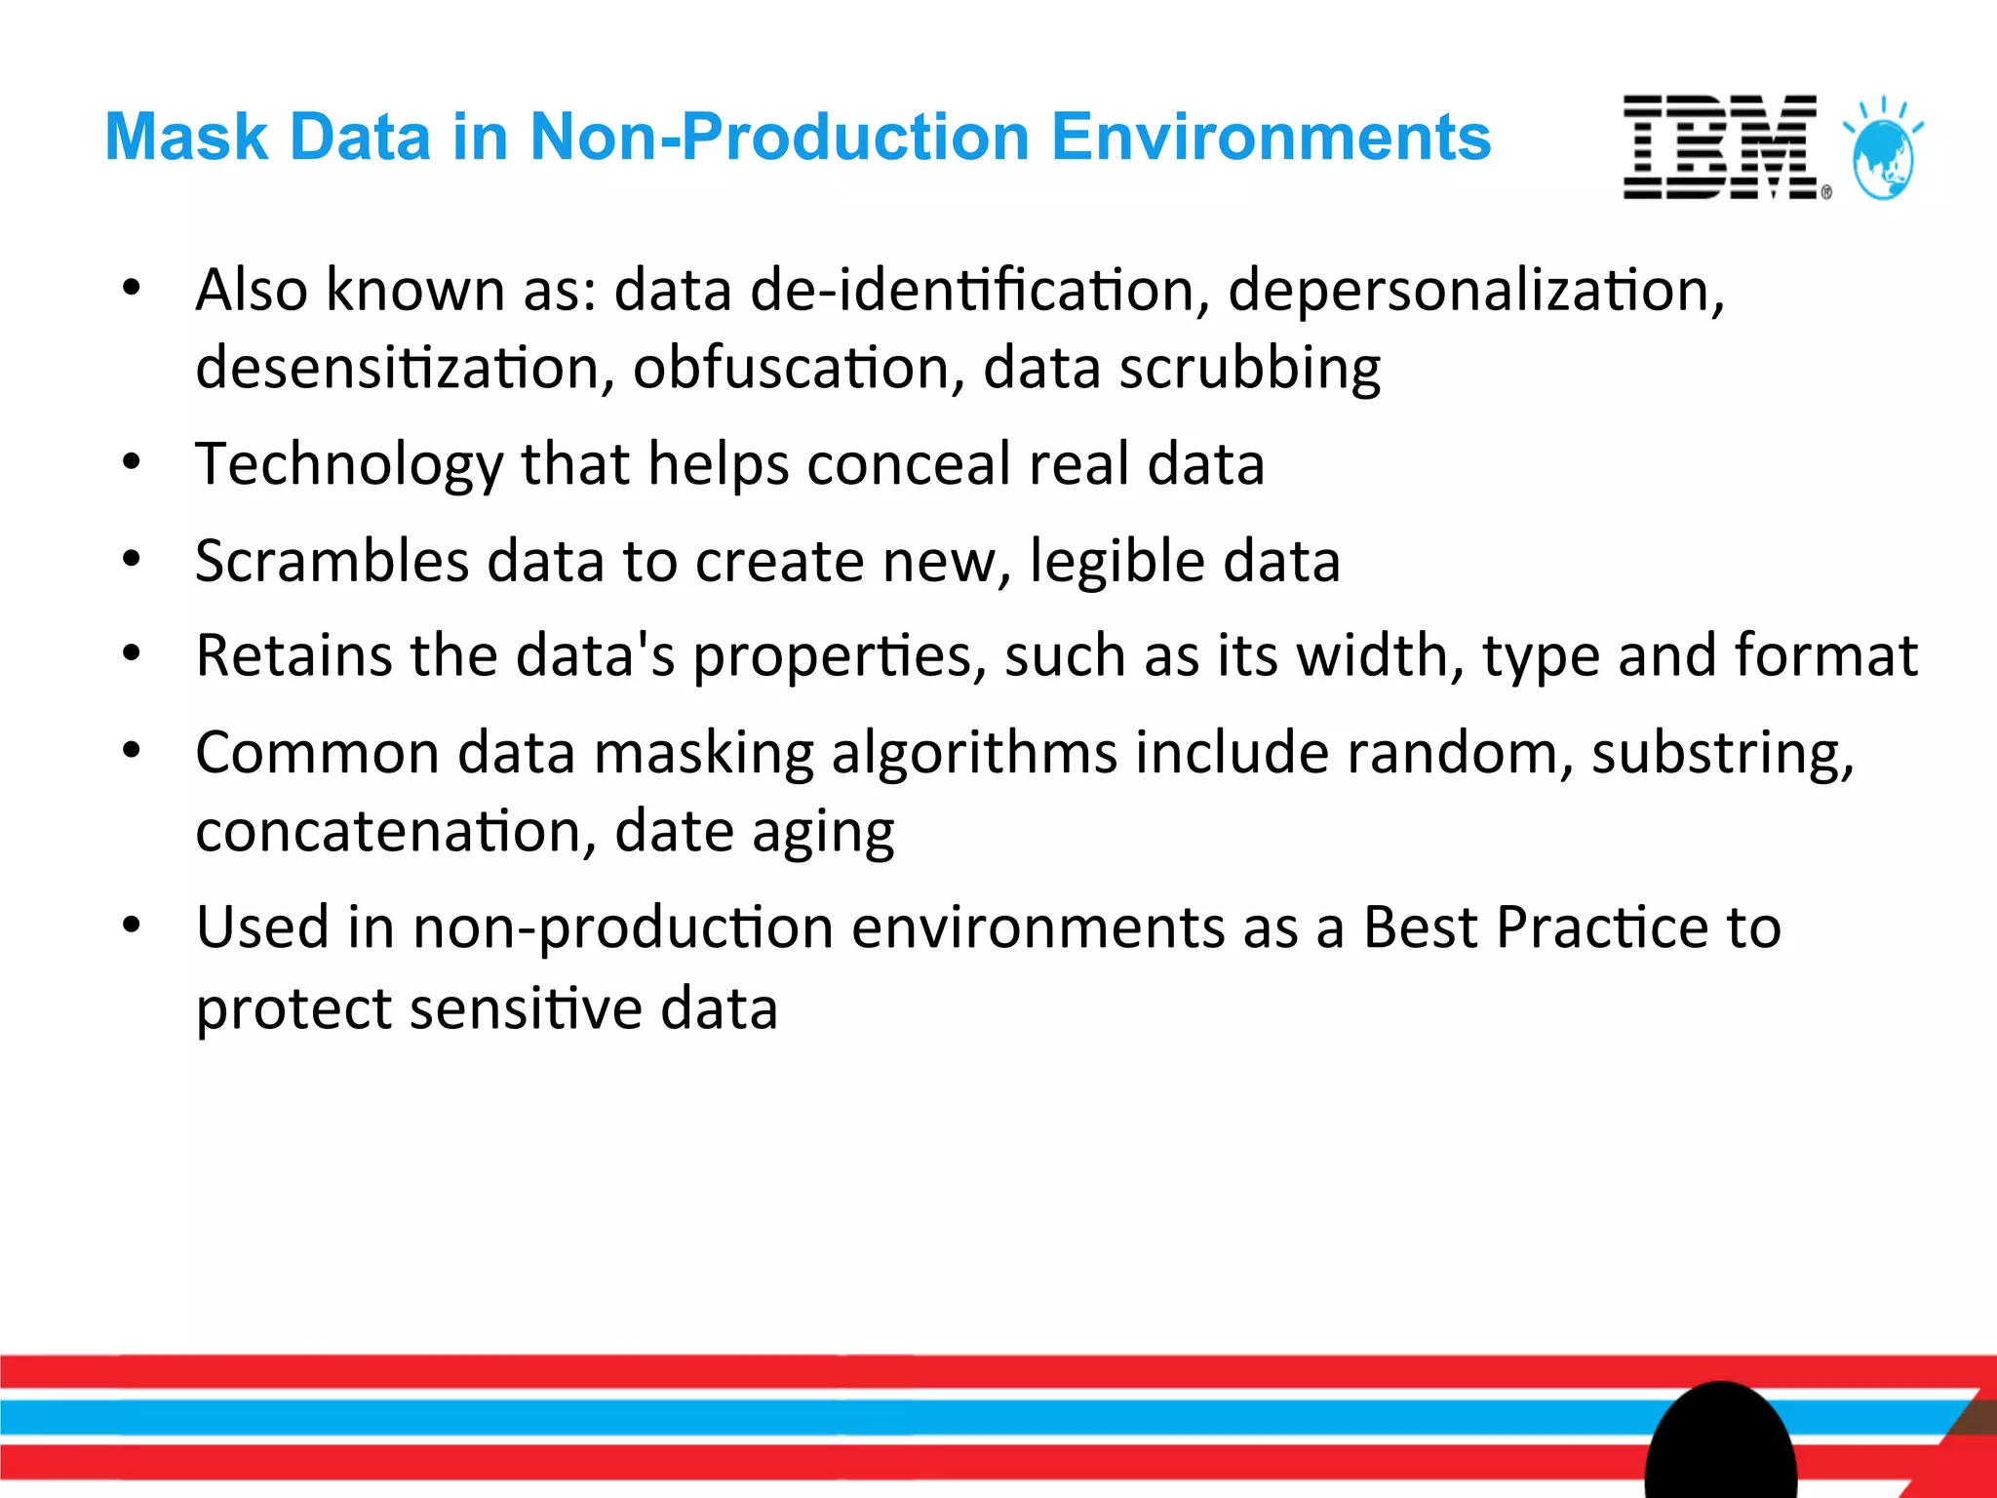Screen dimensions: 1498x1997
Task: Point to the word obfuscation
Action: pos(790,369)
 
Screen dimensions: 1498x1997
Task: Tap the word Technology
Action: pos(348,464)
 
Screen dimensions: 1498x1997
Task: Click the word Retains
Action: pos(293,654)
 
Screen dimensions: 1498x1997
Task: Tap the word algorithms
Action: pos(974,754)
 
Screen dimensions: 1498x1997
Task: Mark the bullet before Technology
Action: pos(132,462)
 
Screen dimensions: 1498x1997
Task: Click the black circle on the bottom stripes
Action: pos(1721,1443)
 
